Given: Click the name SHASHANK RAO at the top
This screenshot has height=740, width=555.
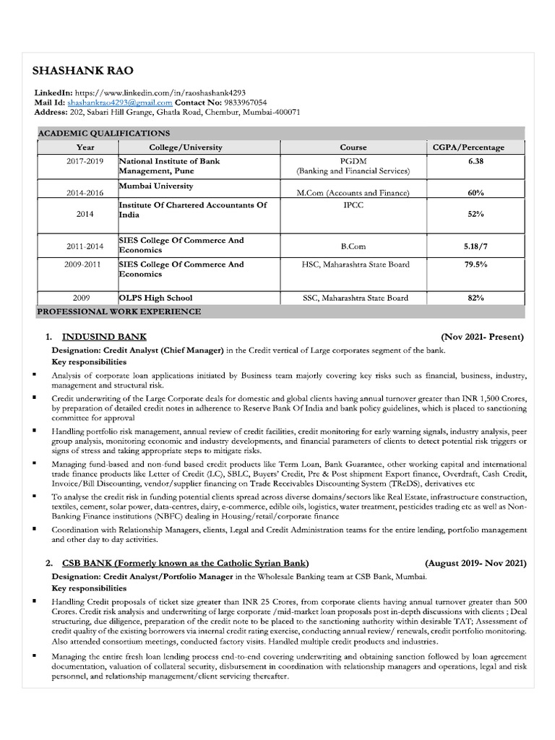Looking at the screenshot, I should click(x=83, y=71).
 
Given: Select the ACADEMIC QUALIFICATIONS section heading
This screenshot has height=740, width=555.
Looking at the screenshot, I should click(x=104, y=133).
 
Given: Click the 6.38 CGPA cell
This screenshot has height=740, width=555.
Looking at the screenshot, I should click(x=475, y=161).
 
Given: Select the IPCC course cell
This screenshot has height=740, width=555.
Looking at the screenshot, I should click(x=353, y=205).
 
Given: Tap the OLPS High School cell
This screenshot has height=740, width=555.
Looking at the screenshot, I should click(x=155, y=298).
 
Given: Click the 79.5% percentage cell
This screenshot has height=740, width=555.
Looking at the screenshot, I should click(x=475, y=264).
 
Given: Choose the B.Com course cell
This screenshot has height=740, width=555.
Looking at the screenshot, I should click(x=353, y=246).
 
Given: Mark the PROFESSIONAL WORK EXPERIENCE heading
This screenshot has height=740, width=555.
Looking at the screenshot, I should click(x=119, y=311).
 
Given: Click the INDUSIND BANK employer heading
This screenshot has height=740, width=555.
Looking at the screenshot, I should click(x=104, y=337).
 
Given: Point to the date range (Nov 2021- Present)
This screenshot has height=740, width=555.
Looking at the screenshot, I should click(x=481, y=337).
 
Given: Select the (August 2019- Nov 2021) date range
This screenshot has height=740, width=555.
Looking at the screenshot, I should click(x=476, y=563).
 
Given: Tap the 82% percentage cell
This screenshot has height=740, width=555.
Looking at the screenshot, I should click(x=475, y=298).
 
